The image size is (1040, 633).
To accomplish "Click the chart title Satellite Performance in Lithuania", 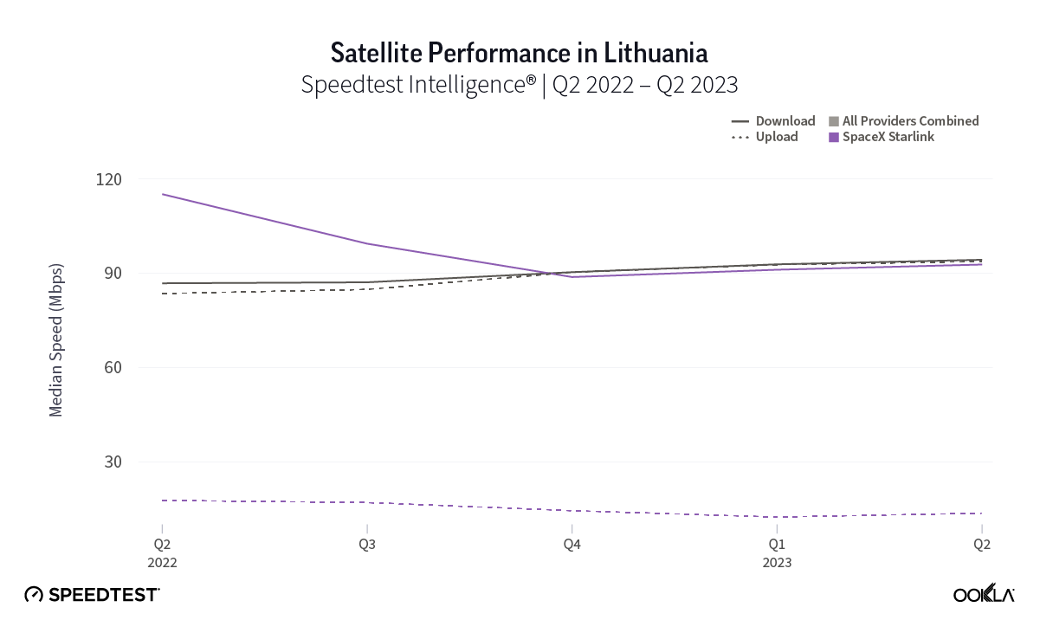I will point(520,53).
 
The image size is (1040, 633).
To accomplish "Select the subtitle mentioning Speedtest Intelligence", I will point(520,85).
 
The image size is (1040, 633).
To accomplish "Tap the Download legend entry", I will point(773,121).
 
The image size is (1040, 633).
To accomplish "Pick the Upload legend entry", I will point(765,137).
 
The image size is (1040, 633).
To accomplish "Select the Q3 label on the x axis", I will point(367,545).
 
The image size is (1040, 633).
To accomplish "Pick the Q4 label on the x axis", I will point(572,545).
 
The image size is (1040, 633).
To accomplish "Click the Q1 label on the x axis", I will point(777,545).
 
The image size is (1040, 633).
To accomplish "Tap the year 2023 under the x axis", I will point(777,563).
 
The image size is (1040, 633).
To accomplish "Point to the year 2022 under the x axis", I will point(162,563).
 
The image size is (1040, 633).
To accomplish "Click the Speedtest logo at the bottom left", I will point(93,595).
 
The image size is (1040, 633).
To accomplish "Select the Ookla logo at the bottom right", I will point(984,594).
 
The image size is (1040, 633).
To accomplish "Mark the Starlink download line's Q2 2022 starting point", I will point(163,194).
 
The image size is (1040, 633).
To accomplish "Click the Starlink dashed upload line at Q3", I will point(367,502).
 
